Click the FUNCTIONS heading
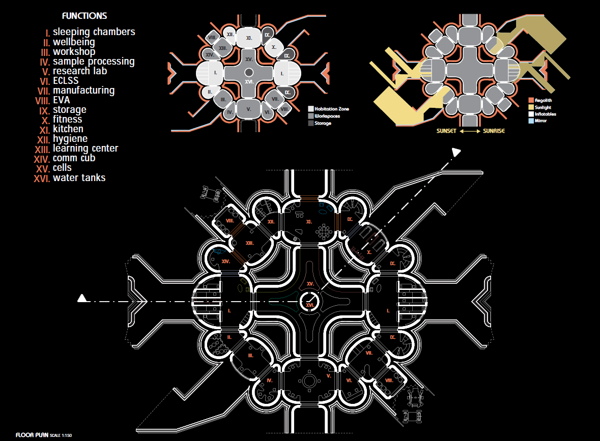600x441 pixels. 84,16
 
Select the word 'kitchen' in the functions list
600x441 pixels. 68,129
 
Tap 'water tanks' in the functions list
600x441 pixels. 79,178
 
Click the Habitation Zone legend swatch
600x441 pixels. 310,109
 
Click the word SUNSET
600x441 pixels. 447,131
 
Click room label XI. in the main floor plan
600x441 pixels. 308,222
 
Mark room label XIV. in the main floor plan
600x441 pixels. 226,261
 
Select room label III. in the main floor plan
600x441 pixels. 250,356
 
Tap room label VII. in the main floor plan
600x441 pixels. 369,352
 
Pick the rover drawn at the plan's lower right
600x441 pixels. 416,402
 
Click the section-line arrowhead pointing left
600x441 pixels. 81,299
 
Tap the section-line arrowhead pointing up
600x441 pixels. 456,152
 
